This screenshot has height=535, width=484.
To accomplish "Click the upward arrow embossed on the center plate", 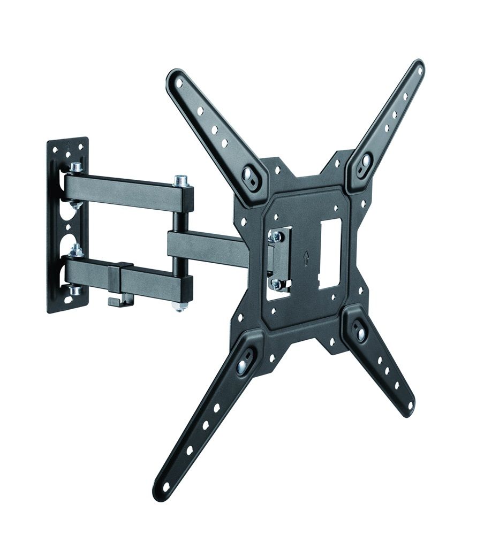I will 305,259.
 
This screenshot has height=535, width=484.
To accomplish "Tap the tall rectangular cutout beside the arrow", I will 329,255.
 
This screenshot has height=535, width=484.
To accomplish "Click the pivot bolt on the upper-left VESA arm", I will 249,174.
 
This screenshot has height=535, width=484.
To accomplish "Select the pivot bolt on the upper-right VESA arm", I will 366,160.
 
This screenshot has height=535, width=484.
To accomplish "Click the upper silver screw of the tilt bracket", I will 277,236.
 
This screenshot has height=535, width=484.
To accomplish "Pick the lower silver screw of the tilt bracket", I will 276,284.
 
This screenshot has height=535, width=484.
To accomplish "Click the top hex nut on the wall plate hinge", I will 77,167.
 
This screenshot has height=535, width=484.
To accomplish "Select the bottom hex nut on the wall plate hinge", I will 75,291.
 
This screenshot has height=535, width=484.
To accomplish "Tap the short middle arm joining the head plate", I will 206,246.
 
